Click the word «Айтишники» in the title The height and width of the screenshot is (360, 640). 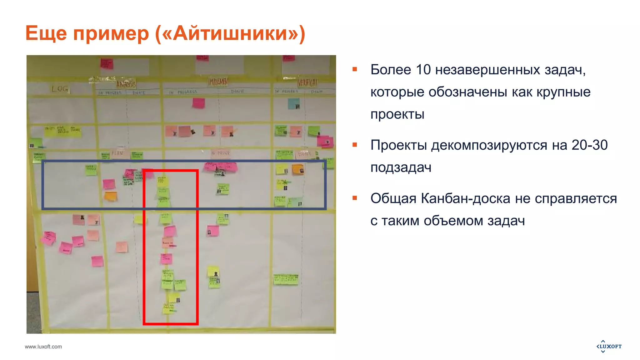coord(230,33)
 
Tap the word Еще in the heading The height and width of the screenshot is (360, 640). coord(46,33)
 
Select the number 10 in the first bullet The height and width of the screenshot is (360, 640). coord(423,70)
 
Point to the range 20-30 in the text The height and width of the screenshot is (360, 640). coord(589,145)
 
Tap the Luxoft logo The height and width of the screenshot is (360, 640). coord(609,346)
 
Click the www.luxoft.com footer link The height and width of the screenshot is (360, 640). coord(43,347)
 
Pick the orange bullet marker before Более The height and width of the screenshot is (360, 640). coord(355,69)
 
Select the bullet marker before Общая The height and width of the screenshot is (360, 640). coord(355,198)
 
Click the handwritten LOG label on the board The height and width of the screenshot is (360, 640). coord(60,89)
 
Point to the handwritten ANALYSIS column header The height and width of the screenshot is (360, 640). coord(126,84)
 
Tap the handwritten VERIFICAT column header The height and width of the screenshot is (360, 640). coord(307,83)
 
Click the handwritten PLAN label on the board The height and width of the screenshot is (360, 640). coord(117,153)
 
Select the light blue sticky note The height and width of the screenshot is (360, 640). coord(293,103)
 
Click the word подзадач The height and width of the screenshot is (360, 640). coord(401,168)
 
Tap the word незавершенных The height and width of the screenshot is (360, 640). coord(487,70)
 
